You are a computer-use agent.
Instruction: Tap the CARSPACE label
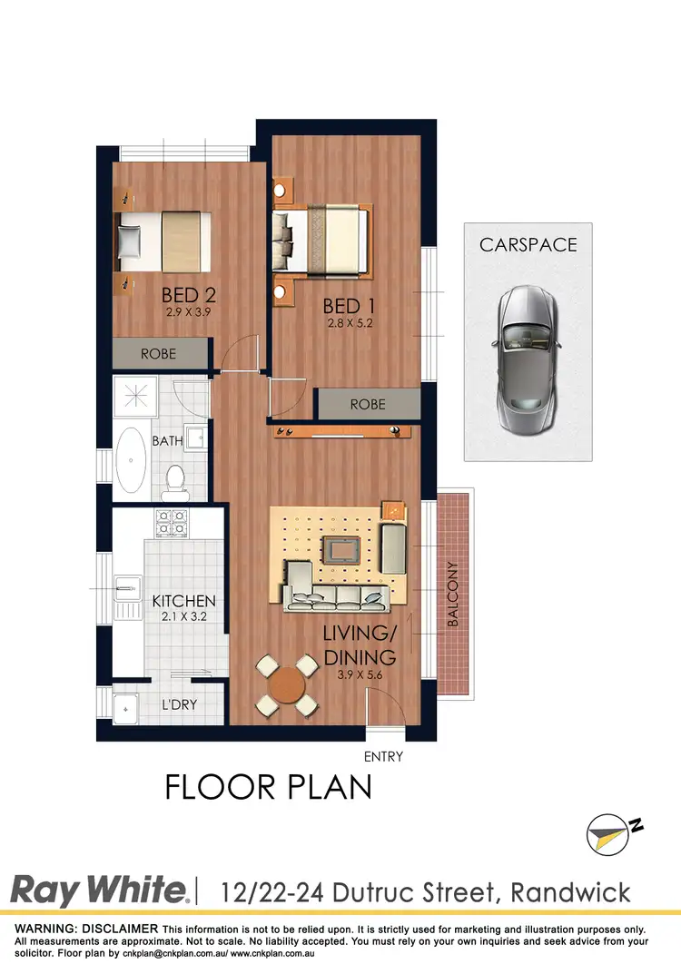click(x=528, y=245)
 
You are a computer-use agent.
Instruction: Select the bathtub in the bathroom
click(x=133, y=461)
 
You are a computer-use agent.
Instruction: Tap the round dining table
click(x=287, y=684)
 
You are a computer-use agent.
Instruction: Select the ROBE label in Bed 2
click(x=158, y=354)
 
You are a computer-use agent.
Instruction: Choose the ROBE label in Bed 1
click(x=368, y=405)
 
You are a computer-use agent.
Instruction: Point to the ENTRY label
click(x=382, y=755)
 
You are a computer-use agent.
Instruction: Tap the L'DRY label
click(x=179, y=704)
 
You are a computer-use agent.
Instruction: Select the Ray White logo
click(x=99, y=890)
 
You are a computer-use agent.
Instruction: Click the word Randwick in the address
click(x=570, y=891)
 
